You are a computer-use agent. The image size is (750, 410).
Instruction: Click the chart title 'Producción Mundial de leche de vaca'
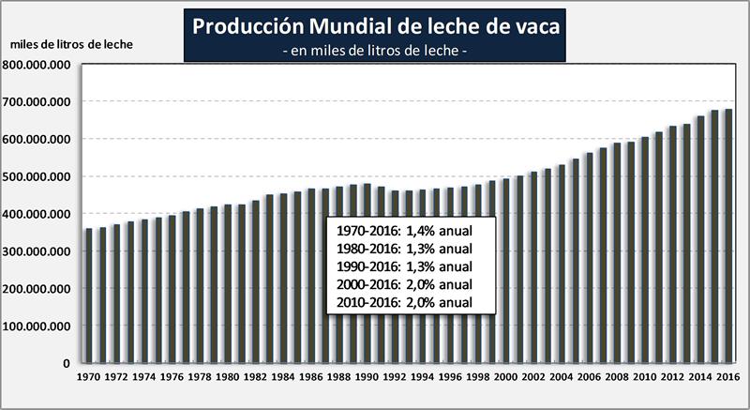[375, 27]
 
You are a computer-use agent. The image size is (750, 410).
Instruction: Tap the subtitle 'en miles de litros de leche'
[375, 52]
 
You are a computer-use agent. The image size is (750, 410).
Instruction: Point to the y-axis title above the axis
[71, 45]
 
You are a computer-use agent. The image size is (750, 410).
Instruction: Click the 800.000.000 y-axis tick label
[39, 65]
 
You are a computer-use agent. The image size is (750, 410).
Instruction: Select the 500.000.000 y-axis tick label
[39, 176]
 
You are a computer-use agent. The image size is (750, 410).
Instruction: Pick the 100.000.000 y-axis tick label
[39, 326]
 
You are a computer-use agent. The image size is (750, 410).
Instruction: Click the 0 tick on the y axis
[67, 363]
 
